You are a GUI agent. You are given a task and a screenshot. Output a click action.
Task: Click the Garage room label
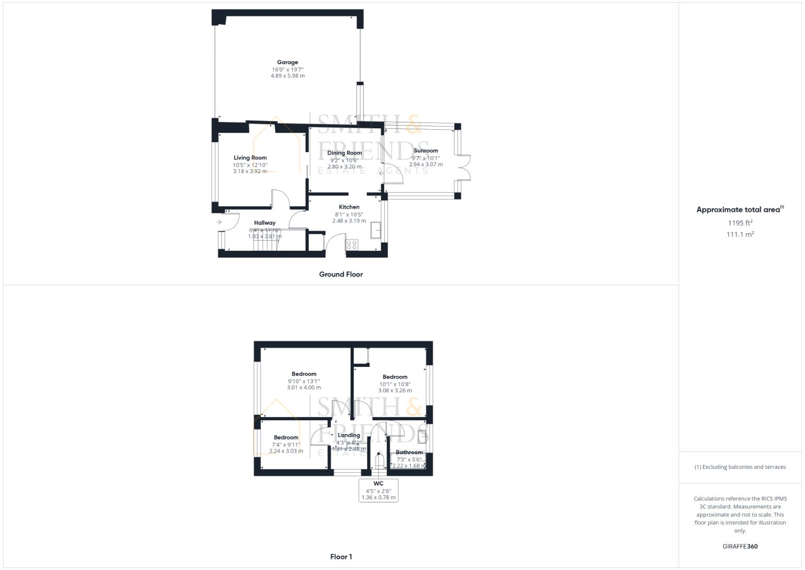point(287,62)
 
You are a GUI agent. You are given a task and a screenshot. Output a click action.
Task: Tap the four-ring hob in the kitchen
point(352,244)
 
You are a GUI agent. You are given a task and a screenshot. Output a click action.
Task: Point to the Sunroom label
point(425,151)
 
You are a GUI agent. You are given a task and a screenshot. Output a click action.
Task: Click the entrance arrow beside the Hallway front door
point(219,222)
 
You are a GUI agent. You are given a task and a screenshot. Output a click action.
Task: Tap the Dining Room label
point(344,153)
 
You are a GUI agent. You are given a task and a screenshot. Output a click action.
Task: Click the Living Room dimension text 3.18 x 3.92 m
point(250,171)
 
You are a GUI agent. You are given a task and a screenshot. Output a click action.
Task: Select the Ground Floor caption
point(341,274)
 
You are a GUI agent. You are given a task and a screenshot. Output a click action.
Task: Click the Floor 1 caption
point(341,557)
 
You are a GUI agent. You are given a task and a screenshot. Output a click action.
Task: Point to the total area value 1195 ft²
point(740,223)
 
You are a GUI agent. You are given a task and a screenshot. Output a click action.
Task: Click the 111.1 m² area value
point(740,234)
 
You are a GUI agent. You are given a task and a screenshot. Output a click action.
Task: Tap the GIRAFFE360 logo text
point(740,546)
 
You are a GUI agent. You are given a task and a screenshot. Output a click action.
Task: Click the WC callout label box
point(379,490)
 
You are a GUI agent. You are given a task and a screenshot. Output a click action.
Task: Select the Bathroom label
point(409,452)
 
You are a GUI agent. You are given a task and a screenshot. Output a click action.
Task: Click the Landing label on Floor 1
point(348,435)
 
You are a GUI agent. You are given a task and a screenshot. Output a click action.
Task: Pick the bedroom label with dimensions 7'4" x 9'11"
point(286,438)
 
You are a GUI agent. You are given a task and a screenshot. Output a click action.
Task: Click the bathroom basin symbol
point(422,436)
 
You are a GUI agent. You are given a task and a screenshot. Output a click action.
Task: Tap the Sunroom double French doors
point(464,168)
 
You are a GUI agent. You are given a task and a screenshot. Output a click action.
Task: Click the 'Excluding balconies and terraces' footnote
point(740,467)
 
